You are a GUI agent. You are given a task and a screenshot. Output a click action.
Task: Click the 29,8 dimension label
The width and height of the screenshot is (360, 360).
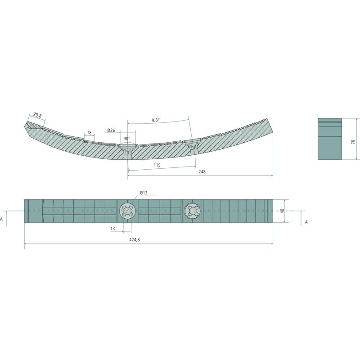[x=37, y=115]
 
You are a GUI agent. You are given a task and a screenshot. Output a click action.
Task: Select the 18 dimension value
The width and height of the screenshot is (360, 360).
[x=89, y=132]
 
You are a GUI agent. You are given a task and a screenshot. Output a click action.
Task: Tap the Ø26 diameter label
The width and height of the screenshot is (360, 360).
[x=111, y=130]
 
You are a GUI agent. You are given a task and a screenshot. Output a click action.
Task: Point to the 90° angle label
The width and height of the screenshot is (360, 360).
[x=127, y=139]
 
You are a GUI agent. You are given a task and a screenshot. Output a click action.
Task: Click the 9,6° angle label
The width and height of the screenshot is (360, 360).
[x=156, y=120]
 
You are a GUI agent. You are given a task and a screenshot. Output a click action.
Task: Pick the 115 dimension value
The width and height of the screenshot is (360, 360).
[x=157, y=165]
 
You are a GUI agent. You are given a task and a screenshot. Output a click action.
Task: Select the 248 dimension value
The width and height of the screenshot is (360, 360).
[x=202, y=171]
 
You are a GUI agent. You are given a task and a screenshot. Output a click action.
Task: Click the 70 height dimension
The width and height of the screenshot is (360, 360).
[x=353, y=142]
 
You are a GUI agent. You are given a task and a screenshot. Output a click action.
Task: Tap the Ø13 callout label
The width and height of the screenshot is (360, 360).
[x=144, y=193]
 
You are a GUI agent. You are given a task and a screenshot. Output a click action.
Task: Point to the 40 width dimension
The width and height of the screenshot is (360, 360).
[x=283, y=211]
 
